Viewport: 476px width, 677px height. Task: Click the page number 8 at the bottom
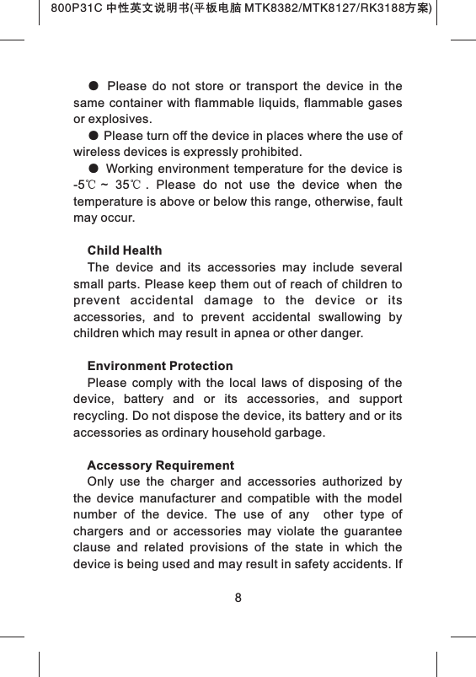[238, 599]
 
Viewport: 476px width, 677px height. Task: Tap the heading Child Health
[125, 251]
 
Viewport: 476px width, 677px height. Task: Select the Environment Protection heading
[160, 367]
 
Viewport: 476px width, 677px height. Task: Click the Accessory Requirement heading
[161, 465]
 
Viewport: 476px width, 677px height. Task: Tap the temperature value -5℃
[83, 185]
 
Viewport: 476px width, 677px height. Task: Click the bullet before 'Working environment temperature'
[94, 169]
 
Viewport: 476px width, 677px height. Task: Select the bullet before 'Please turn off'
[94, 137]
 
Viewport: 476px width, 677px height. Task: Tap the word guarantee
[366, 531]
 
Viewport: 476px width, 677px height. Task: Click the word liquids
[266, 104]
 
